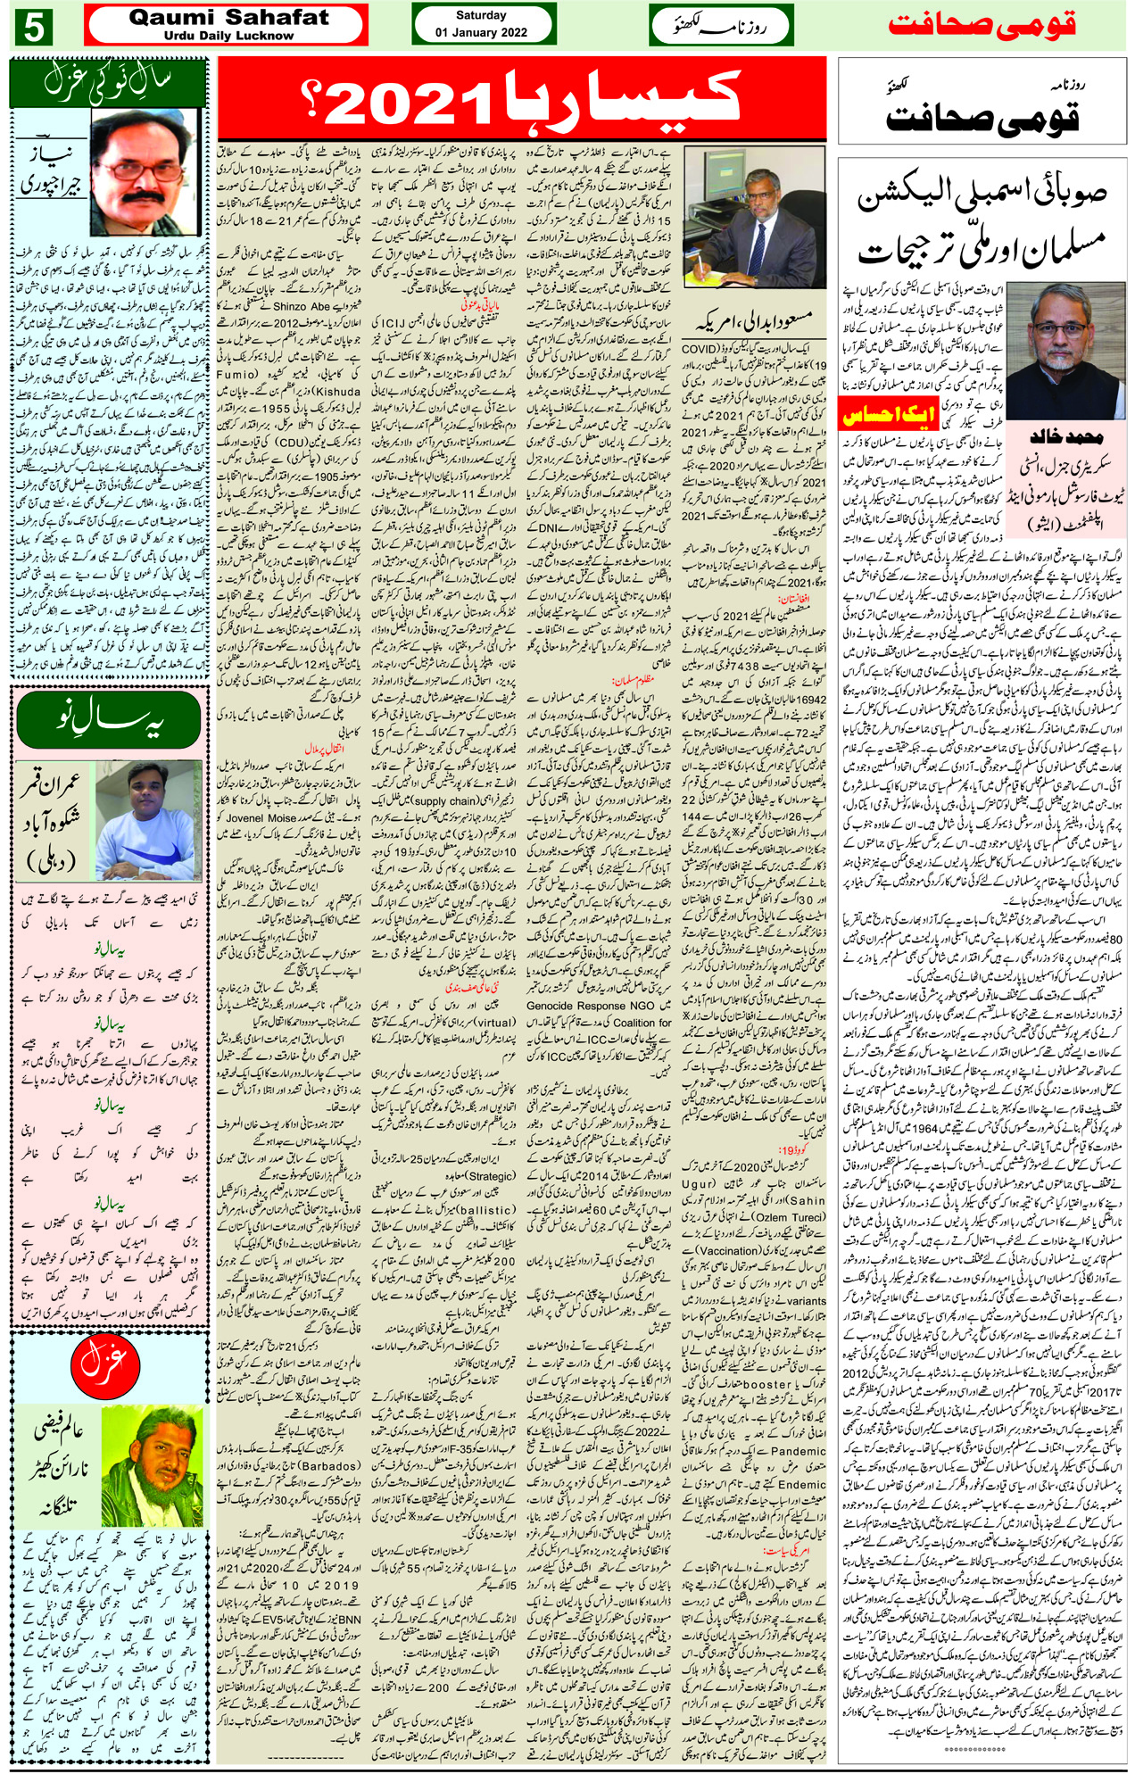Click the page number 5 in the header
[x=34, y=27]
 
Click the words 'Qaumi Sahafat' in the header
[x=228, y=17]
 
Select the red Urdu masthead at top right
[x=982, y=24]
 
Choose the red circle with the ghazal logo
[x=104, y=1362]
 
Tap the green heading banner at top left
[x=108, y=84]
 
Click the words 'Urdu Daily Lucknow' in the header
[x=228, y=36]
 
